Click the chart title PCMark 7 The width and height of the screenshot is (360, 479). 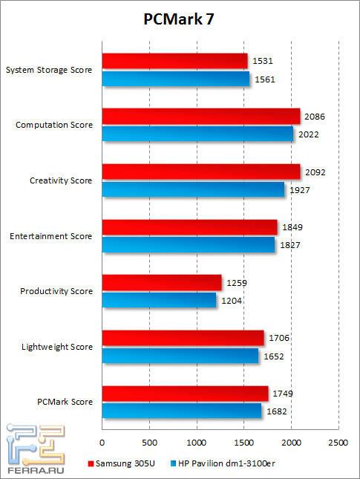[x=180, y=22]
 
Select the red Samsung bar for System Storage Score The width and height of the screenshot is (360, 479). [x=174, y=61]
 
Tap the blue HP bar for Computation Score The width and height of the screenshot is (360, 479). [x=197, y=134]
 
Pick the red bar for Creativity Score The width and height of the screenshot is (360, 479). [x=201, y=172]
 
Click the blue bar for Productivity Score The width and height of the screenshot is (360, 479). [x=159, y=299]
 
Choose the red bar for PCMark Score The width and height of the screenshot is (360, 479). [x=185, y=393]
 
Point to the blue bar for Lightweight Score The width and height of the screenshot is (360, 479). [x=180, y=355]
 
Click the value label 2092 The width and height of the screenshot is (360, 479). [x=315, y=172]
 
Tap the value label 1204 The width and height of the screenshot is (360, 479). [x=231, y=300]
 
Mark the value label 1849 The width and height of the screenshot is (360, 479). [x=292, y=227]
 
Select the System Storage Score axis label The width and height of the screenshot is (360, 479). [x=49, y=71]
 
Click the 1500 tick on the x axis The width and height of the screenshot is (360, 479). [x=243, y=443]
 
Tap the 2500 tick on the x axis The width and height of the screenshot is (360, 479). [x=338, y=443]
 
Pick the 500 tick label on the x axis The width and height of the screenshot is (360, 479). [x=149, y=443]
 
